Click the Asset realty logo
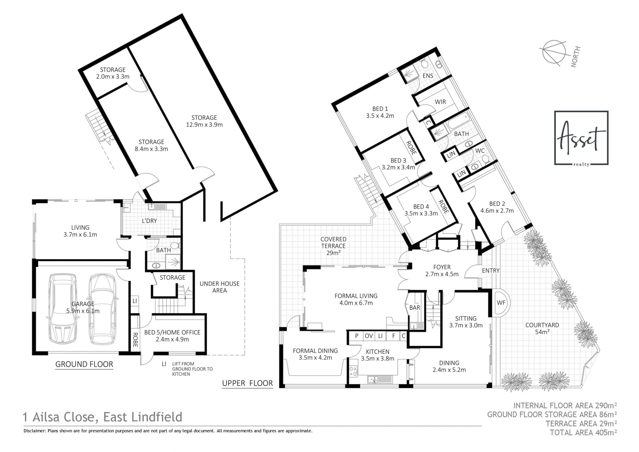pyautogui.click(x=581, y=138)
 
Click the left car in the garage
pyautogui.click(x=63, y=308)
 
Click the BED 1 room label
pyautogui.click(x=380, y=112)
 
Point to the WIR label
pyautogui.click(x=440, y=102)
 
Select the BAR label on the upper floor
pyautogui.click(x=415, y=307)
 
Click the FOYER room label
pyautogui.click(x=442, y=270)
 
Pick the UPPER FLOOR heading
pyautogui.click(x=247, y=383)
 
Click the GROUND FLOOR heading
pyautogui.click(x=84, y=364)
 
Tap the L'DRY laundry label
pyautogui.click(x=149, y=221)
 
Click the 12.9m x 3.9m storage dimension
pyautogui.click(x=204, y=125)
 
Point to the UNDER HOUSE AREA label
pyautogui.click(x=219, y=287)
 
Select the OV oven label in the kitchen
pyautogui.click(x=369, y=336)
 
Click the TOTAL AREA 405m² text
pyautogui.click(x=584, y=433)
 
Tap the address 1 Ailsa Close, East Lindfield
pyautogui.click(x=103, y=417)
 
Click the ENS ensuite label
pyautogui.click(x=428, y=76)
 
